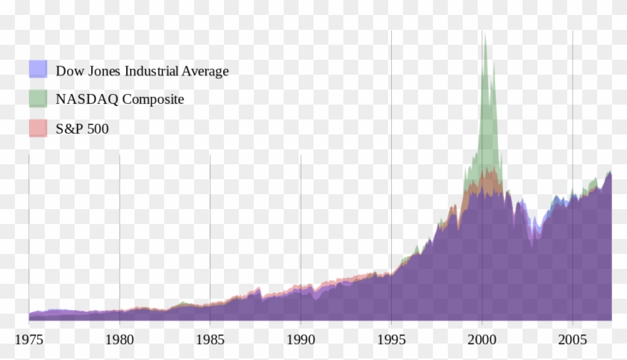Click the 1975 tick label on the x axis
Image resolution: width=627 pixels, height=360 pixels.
(29, 339)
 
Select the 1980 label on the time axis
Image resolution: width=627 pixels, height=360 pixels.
(119, 339)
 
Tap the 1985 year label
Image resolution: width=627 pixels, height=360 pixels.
(210, 339)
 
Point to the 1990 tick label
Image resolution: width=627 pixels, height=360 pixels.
(301, 339)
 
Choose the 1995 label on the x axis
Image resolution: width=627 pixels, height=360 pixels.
(390, 339)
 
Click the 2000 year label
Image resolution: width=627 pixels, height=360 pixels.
(481, 339)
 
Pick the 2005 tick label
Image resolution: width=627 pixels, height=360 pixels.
(572, 339)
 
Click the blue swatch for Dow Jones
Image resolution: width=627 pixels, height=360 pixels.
(38, 69)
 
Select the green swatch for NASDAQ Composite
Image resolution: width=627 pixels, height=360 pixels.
(38, 99)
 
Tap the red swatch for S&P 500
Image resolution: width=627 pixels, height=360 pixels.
(38, 128)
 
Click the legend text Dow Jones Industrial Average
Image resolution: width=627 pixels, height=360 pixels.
(142, 71)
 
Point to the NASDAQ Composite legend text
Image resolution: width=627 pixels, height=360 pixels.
(119, 99)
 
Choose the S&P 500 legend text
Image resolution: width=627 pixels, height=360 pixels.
(82, 129)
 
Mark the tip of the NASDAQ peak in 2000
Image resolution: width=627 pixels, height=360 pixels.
(483, 31)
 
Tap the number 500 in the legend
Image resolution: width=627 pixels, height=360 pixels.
(97, 129)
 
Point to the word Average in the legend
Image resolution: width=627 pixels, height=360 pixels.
(208, 71)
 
